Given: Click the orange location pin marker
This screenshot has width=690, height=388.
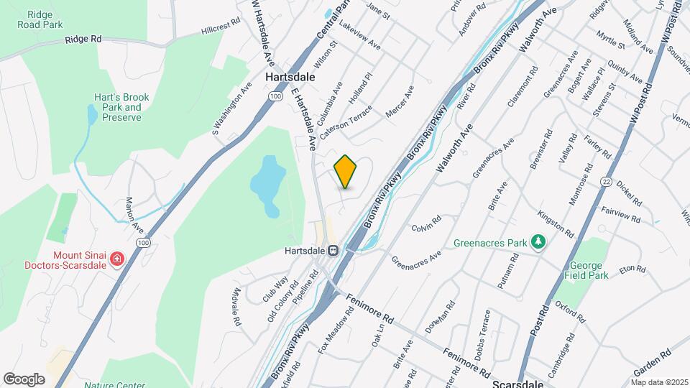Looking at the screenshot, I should (346, 172).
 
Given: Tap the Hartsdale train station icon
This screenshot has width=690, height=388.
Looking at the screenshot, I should (333, 251).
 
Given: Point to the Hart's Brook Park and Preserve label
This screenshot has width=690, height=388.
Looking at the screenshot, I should (117, 107).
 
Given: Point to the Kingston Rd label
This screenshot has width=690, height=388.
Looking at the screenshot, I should (556, 225).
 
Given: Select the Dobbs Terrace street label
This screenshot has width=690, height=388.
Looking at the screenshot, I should (482, 335).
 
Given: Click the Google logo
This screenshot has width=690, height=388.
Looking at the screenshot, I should (24, 379).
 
